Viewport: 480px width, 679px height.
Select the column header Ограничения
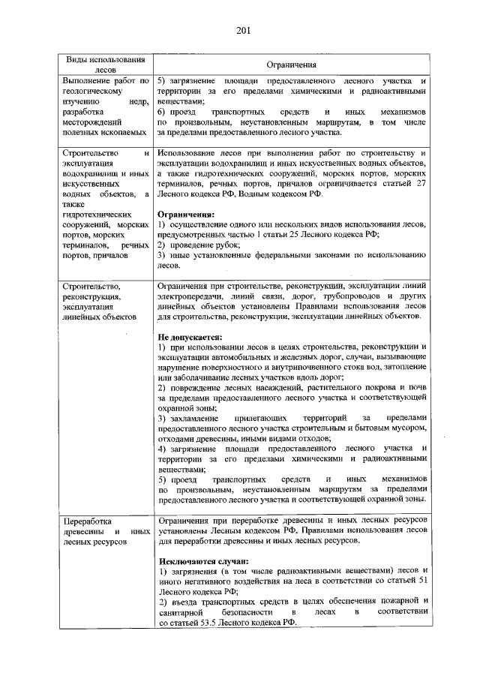point(291,65)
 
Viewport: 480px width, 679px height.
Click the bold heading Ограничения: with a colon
point(186,214)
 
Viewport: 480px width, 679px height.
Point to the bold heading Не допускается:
point(191,338)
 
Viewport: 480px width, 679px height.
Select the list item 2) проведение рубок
point(199,245)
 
